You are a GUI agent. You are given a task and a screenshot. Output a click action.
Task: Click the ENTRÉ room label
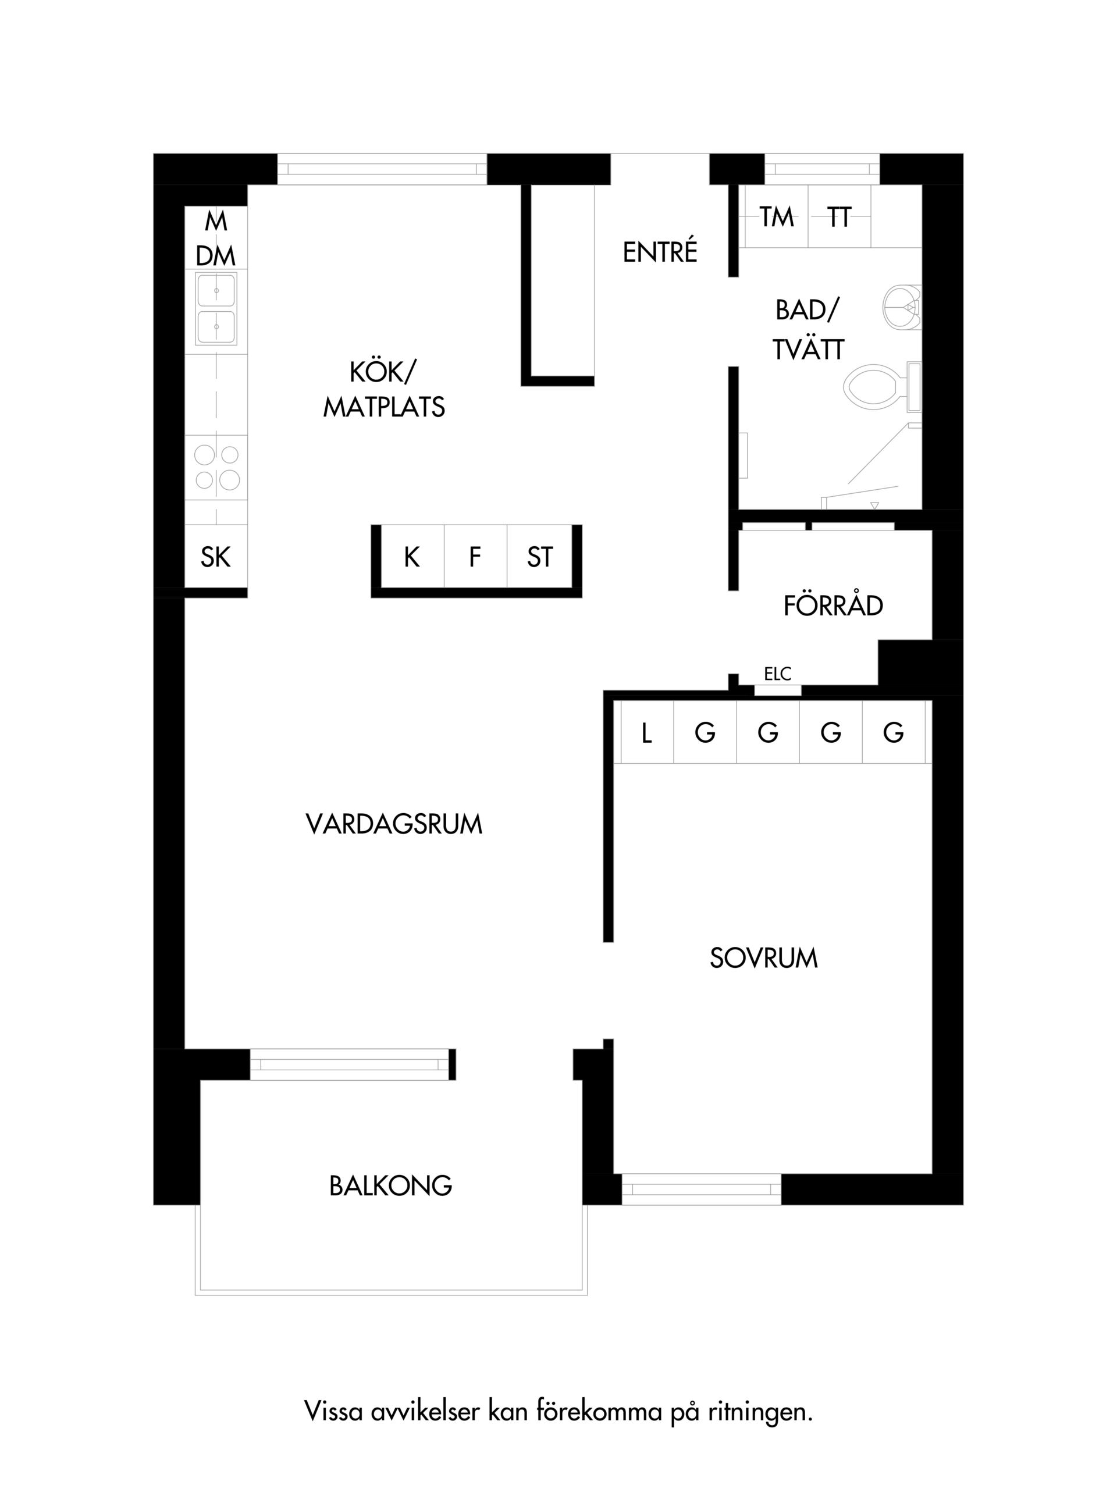coord(660,252)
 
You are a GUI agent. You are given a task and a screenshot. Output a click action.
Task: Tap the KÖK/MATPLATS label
coord(384,389)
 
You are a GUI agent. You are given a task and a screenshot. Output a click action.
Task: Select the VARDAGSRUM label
coord(394,824)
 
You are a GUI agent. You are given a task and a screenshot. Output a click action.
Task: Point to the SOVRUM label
coord(764,958)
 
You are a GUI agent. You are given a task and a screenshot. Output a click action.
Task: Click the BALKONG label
coord(391,1186)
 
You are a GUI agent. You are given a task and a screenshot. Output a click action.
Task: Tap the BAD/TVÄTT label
coord(807,330)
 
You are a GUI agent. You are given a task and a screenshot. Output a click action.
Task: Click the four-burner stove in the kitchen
coord(216,467)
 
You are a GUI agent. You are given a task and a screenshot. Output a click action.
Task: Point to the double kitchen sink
coord(216,309)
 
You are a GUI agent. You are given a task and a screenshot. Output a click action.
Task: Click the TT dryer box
coord(839,217)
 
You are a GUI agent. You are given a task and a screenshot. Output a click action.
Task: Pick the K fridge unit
coord(412,557)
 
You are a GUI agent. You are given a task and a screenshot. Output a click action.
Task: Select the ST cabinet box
coord(540,557)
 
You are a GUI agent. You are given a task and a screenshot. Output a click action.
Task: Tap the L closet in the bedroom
coord(646,732)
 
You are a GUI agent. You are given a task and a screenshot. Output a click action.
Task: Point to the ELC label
coord(778,674)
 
